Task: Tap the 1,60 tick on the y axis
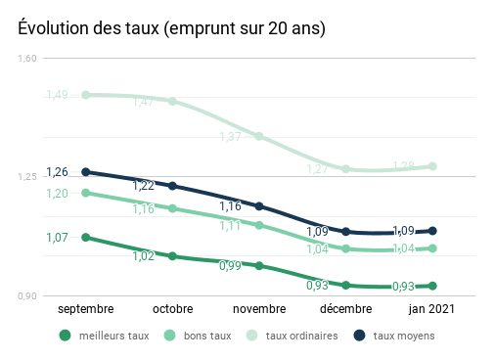click(27, 59)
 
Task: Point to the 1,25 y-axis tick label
click(27, 177)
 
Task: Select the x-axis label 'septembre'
click(86, 308)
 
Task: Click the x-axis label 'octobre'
click(173, 308)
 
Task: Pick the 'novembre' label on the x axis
click(259, 308)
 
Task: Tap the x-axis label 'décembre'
click(345, 308)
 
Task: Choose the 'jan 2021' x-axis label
click(431, 308)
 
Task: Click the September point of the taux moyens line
click(86, 172)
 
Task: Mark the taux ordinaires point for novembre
click(259, 136)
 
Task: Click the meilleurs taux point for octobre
click(173, 256)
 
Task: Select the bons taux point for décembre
click(345, 248)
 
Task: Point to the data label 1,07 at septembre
click(57, 238)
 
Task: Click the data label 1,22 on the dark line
click(144, 185)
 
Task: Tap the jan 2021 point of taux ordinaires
click(431, 166)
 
